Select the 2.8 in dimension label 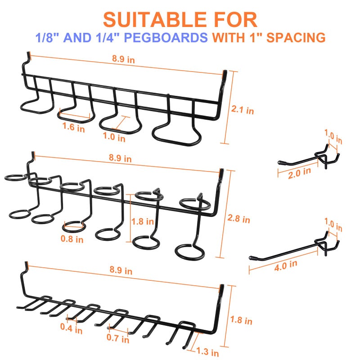239,219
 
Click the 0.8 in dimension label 72,239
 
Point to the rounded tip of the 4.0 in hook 251,258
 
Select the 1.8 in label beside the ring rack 140,221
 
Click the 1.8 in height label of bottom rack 242,321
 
